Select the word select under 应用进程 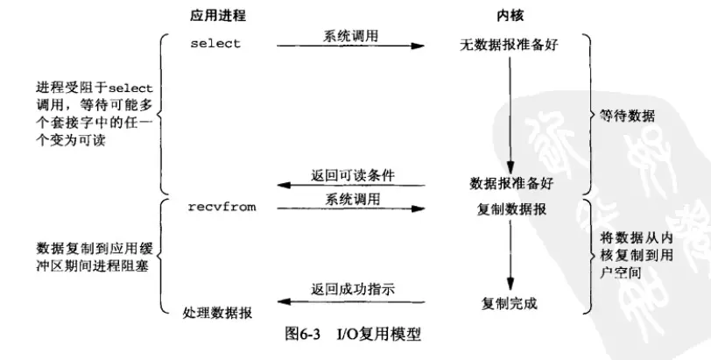(215, 43)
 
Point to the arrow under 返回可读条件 (350, 185)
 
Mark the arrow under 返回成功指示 (350, 301)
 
